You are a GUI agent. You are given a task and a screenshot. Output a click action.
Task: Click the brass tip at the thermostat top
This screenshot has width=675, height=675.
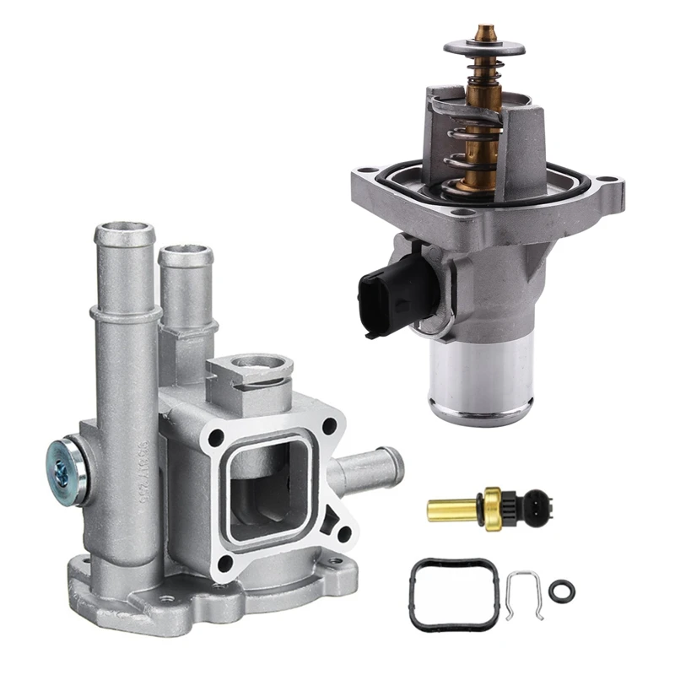pyautogui.click(x=484, y=33)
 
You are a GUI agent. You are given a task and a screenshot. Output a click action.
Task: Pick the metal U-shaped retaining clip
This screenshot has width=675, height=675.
pyautogui.click(x=523, y=594)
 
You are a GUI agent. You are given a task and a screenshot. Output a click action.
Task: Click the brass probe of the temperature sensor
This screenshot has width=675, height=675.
pyautogui.click(x=451, y=509)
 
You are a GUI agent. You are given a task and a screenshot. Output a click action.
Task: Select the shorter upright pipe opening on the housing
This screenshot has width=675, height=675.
pyautogui.click(x=185, y=253)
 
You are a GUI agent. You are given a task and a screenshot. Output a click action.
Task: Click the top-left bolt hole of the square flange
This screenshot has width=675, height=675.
pyautogui.click(x=219, y=437)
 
